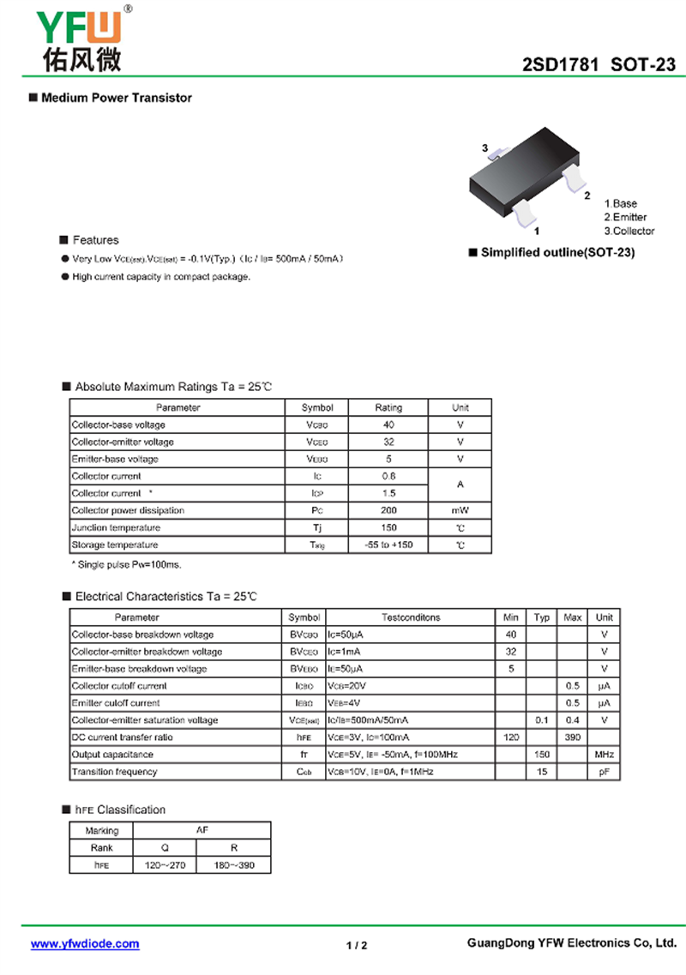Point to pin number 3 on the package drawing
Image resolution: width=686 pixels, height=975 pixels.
485,149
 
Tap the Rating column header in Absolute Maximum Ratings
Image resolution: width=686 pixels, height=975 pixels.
388,407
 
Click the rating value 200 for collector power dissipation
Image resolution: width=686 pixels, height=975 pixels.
388,510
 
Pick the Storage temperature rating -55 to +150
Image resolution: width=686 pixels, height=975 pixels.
388,545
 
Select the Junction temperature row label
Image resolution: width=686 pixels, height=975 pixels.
116,527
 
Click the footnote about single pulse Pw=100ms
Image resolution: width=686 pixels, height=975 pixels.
126,564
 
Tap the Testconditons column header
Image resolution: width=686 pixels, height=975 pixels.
410,617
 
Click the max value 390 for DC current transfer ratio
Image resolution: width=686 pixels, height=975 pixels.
572,737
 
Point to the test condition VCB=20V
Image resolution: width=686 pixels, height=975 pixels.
348,686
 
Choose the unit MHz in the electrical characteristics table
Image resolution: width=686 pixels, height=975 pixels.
605,755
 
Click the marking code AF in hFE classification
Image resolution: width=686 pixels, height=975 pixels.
202,830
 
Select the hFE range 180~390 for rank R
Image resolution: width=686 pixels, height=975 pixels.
233,865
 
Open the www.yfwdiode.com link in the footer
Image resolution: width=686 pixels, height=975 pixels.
85,944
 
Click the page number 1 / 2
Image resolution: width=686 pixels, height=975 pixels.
357,945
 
